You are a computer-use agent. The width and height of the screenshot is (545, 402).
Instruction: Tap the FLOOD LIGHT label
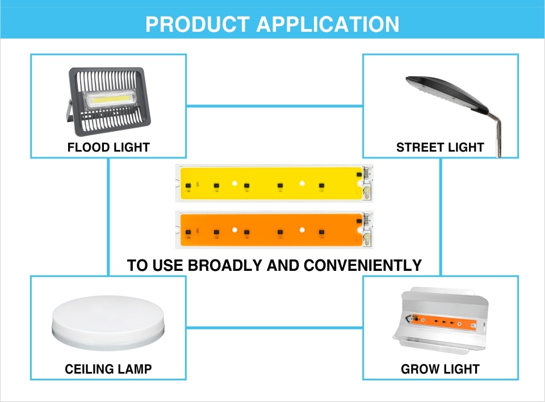108,147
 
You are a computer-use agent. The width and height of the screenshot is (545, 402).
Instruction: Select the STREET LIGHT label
440,147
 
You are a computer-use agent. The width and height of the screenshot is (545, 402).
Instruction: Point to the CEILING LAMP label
108,369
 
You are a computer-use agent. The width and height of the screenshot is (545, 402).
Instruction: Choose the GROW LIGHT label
440,369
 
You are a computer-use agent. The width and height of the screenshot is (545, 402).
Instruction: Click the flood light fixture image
108,101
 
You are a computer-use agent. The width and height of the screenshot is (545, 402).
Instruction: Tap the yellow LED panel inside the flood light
110,99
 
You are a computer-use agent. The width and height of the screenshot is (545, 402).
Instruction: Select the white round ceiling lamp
108,323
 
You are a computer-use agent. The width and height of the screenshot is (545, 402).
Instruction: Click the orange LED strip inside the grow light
443,322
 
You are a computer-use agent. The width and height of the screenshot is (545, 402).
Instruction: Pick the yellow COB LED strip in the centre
274,183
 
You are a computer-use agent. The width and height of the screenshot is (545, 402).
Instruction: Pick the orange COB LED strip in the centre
274,230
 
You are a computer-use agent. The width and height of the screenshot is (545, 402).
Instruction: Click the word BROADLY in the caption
225,265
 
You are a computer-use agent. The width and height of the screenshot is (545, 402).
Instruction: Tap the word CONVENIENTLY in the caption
363,265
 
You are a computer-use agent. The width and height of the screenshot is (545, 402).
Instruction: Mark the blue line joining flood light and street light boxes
275,106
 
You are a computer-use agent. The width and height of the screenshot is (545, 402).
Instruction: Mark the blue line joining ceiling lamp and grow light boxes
275,327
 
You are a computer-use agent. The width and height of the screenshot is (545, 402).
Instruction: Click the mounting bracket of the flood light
69,113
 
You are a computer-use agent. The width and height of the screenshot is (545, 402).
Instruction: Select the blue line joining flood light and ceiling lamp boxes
108,217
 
